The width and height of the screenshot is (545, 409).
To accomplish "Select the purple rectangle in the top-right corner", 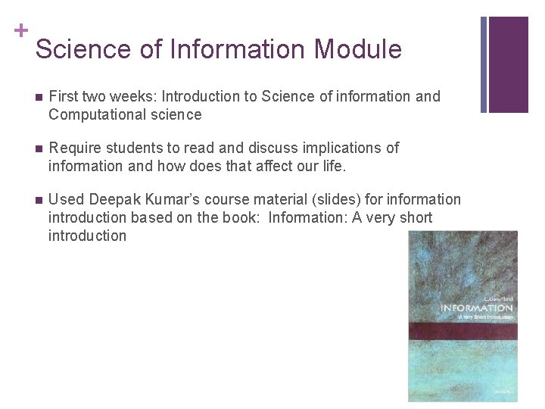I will tap(509, 64).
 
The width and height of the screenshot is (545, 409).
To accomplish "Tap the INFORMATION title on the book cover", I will tap(476, 308).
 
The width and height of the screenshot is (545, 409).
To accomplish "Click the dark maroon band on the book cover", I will tap(462, 330).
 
